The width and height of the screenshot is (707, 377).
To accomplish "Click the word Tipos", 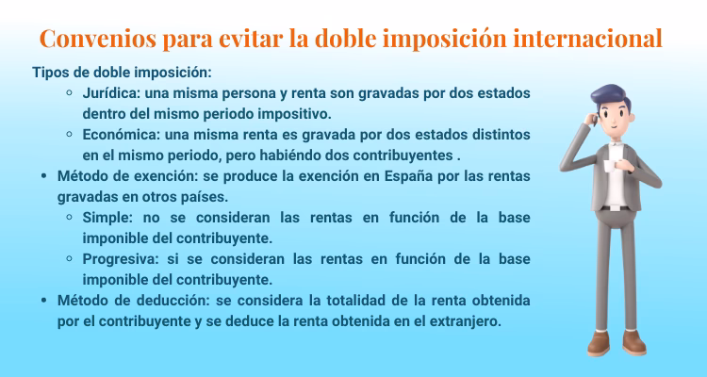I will tap(51, 73).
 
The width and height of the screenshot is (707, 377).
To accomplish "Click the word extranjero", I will tap(462, 320).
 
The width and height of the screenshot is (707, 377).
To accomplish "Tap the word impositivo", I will tap(284, 114).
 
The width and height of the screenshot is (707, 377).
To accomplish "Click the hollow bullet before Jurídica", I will tap(71, 93).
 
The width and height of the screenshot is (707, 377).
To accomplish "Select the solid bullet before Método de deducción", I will tap(44, 301).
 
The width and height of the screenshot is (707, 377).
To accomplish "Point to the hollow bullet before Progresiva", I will tap(71, 259).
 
